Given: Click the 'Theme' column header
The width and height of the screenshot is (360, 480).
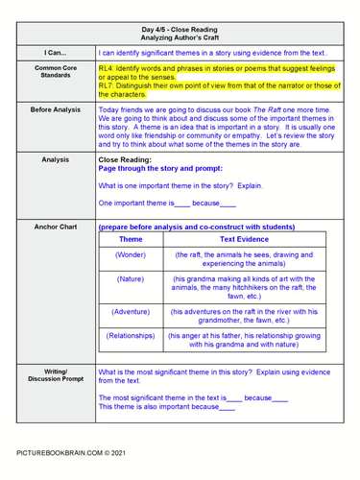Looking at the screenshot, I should [x=131, y=239].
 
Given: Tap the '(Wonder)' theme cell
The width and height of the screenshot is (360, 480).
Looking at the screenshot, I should [x=131, y=254].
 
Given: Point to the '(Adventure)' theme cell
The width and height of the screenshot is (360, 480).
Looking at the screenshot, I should [x=131, y=312].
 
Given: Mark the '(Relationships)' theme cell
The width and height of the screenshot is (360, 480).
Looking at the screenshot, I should [x=131, y=336].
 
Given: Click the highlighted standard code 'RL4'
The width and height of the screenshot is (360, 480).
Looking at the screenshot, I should [x=105, y=69].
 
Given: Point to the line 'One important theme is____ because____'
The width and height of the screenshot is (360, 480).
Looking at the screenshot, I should [x=167, y=204].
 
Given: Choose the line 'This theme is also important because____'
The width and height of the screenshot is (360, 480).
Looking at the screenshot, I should [x=167, y=406].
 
